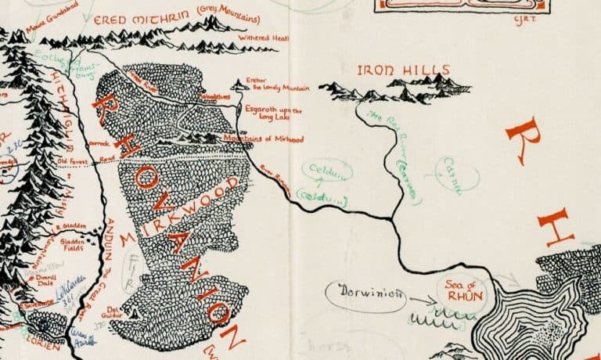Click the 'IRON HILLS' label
(x=392, y=70)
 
